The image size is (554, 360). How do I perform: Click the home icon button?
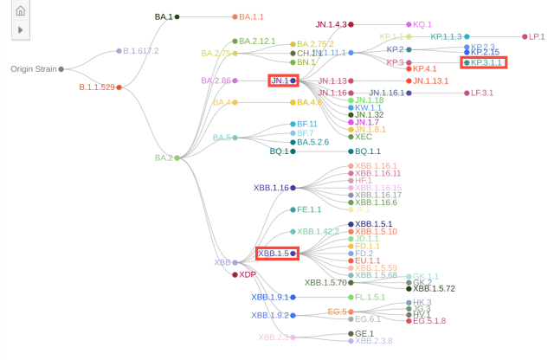click(x=20, y=11)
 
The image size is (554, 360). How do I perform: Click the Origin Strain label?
click(x=34, y=68)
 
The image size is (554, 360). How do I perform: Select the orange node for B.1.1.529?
click(x=119, y=87)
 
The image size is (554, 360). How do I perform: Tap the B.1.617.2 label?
click(x=141, y=51)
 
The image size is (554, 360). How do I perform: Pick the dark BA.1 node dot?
click(x=177, y=16)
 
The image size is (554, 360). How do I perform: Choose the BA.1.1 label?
click(x=252, y=16)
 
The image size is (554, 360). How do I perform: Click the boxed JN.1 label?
click(x=280, y=80)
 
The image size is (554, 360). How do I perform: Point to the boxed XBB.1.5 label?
click(x=274, y=254)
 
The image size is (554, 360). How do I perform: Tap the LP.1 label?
click(x=537, y=36)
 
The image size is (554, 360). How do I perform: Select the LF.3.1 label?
click(x=482, y=93)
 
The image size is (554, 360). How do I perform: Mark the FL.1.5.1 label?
click(x=370, y=297)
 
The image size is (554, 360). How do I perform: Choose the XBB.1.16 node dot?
click(x=293, y=188)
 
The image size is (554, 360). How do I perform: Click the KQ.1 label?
click(x=422, y=25)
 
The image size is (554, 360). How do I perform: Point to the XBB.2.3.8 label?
click(x=373, y=341)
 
